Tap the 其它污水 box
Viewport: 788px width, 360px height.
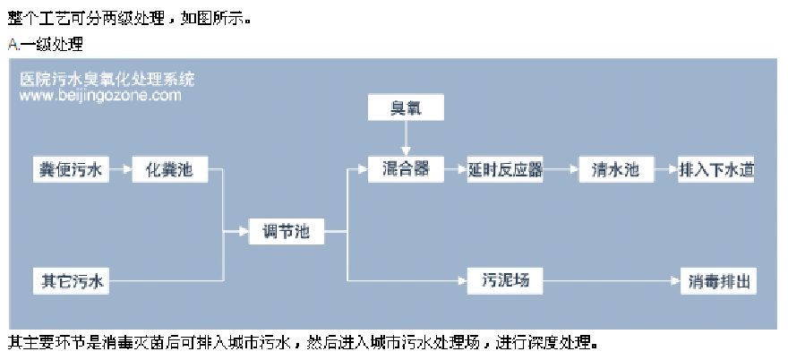[71, 281]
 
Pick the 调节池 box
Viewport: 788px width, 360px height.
[286, 231]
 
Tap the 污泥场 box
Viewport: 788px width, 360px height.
[505, 281]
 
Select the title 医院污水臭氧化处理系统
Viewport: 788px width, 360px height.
[107, 79]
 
